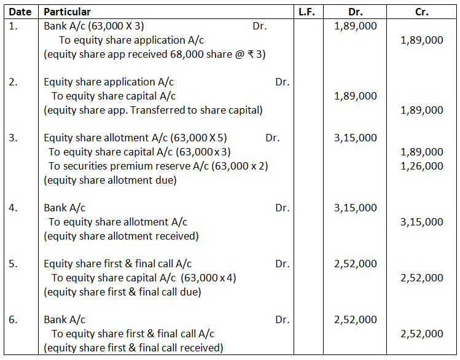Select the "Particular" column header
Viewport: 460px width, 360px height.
tap(68, 12)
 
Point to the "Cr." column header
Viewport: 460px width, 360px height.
tap(421, 12)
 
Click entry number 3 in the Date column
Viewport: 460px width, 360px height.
tap(13, 138)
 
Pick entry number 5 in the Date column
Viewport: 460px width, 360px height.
tap(13, 264)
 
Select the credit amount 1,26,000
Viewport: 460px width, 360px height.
tap(421, 166)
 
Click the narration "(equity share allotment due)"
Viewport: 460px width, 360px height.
tap(110, 180)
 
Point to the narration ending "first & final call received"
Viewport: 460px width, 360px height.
tap(133, 348)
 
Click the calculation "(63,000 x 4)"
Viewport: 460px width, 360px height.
tap(209, 278)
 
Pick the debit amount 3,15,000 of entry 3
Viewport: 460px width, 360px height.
tap(356, 138)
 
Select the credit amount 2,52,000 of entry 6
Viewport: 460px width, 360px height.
tap(421, 334)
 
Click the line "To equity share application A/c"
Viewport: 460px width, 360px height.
tap(131, 40)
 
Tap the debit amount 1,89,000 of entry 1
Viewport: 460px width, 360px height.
tap(356, 26)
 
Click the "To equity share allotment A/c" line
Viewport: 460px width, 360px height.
tap(118, 222)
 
